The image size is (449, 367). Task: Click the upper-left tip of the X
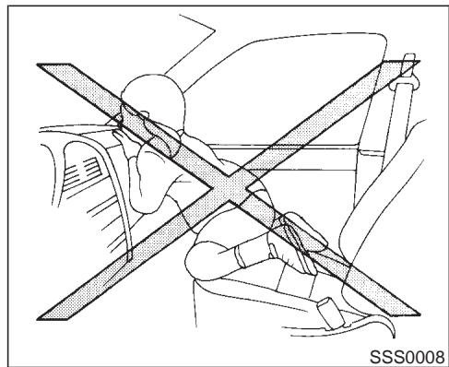tap(46, 70)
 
